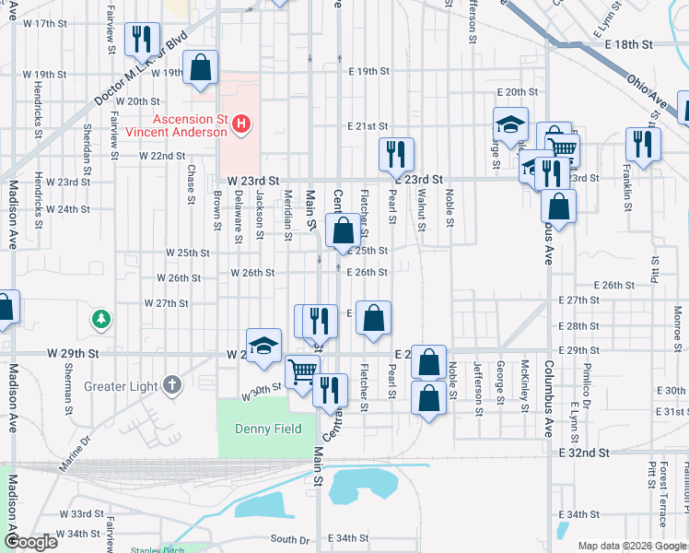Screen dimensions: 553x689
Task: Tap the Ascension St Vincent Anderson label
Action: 190,125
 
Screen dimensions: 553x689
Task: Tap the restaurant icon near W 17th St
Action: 141,38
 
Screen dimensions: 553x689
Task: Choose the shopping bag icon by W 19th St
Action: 200,67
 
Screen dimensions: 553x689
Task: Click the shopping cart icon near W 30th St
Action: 302,371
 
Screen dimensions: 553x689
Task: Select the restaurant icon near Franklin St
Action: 643,144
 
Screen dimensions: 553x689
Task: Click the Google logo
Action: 30,542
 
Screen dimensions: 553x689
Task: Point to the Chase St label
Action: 192,183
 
